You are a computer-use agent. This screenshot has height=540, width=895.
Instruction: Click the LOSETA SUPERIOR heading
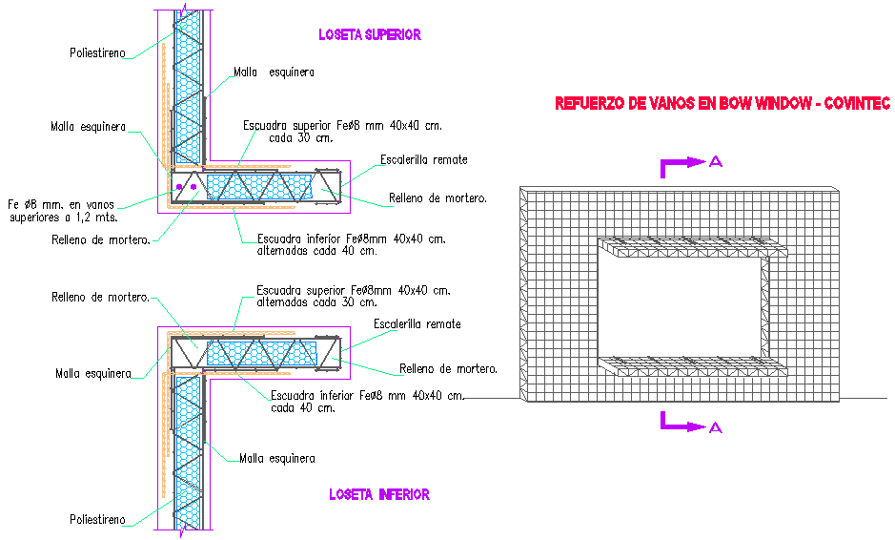coord(369,34)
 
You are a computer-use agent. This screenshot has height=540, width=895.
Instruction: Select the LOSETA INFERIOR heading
coord(378,494)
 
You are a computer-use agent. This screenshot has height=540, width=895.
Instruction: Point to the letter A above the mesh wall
coord(716,162)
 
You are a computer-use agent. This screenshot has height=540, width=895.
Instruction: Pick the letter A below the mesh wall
coord(716,426)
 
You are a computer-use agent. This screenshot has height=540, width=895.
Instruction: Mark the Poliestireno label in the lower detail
coord(97,519)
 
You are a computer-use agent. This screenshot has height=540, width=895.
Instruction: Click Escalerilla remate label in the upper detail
coord(423,159)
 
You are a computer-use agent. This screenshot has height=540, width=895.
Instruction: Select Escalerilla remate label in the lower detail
coord(417,324)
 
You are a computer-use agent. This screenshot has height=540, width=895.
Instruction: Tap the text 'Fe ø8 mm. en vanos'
coord(62,203)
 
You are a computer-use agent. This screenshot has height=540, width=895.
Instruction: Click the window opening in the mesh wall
coord(681,305)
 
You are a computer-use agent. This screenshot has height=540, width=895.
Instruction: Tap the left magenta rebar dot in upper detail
coord(177,187)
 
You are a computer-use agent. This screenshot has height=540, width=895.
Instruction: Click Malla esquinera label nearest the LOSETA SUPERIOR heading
coord(275,72)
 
